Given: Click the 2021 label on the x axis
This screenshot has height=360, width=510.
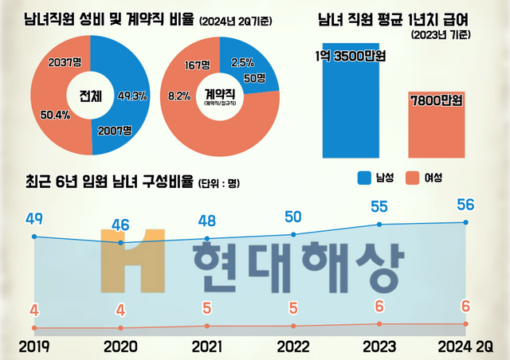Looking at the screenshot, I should [x=207, y=347].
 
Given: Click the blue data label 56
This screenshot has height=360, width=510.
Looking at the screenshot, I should [x=466, y=205].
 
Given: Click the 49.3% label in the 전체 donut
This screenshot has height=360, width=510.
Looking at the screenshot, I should [x=131, y=96].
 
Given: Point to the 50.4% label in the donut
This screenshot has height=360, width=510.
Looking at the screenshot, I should [x=56, y=115].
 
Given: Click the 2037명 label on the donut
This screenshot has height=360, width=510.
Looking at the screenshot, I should [x=66, y=61].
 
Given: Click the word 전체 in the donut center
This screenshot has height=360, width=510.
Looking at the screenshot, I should [x=91, y=96].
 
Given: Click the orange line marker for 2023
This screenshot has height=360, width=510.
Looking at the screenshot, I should [x=379, y=323].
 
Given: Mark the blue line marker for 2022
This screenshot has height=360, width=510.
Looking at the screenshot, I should [x=294, y=234].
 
